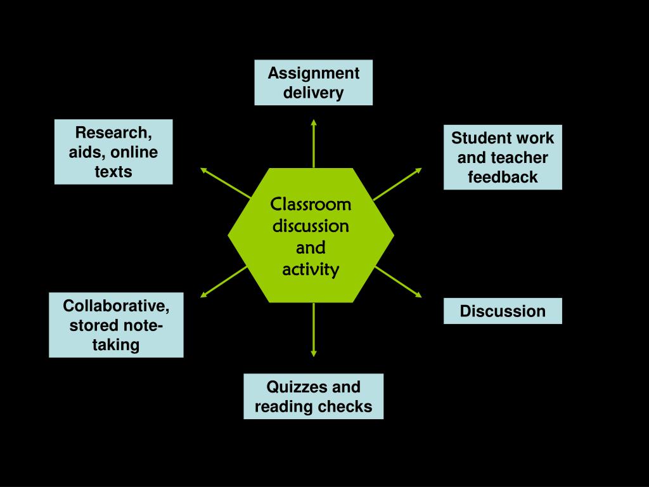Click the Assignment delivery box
click(x=313, y=82)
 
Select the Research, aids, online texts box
click(x=113, y=152)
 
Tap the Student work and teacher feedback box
click(x=503, y=157)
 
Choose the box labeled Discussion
click(x=503, y=311)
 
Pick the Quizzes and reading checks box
click(x=313, y=396)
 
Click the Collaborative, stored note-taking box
click(x=116, y=325)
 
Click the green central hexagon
click(x=311, y=235)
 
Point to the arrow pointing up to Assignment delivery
click(x=313, y=143)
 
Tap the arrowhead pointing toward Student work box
click(x=418, y=170)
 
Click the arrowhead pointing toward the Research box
click(x=204, y=169)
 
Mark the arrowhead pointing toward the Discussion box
click(x=418, y=294)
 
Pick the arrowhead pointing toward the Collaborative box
click(x=204, y=294)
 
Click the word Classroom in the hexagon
click(x=311, y=205)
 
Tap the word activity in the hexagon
click(x=311, y=269)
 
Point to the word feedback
click(x=503, y=177)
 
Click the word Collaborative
click(x=116, y=306)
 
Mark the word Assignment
click(x=313, y=73)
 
